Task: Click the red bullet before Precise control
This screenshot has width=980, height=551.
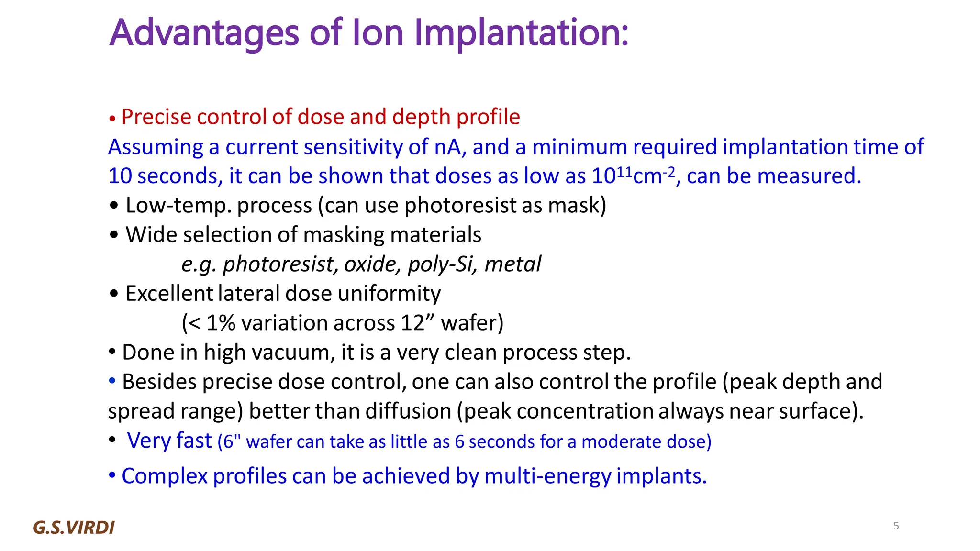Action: click(x=112, y=119)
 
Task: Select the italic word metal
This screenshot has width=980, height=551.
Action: click(x=512, y=264)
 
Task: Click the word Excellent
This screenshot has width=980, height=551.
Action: click(x=169, y=294)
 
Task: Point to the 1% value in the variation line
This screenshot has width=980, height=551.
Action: click(x=221, y=323)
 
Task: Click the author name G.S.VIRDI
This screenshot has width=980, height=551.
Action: click(x=74, y=528)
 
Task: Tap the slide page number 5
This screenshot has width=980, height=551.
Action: click(x=896, y=526)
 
